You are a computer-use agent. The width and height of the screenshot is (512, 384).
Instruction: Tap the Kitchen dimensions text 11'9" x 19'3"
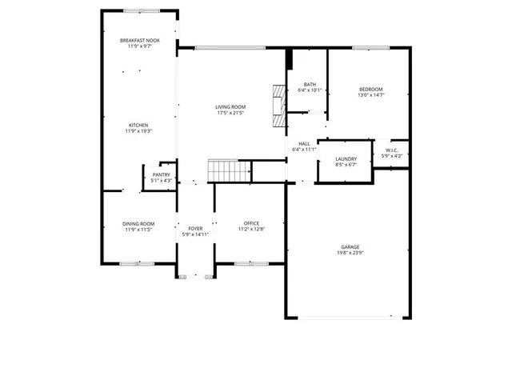(138, 131)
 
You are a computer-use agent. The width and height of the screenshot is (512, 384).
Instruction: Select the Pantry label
(161, 174)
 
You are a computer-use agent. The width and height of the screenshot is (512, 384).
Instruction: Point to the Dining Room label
(138, 223)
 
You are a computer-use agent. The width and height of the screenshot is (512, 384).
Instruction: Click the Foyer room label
(195, 229)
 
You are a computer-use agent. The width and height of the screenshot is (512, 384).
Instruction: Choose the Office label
(251, 223)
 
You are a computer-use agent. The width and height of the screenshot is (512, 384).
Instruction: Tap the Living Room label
(230, 107)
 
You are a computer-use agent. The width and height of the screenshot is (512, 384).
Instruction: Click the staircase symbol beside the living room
(230, 170)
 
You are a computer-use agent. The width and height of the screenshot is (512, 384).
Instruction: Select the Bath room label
(310, 84)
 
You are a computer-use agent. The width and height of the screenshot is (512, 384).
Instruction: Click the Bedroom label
(370, 89)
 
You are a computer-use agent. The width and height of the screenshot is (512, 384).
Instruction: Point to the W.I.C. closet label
(392, 150)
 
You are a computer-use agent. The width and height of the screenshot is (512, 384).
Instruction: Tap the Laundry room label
(346, 159)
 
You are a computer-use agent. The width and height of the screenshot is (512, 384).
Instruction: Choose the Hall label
(304, 143)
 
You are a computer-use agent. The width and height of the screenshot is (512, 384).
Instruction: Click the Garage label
(350, 247)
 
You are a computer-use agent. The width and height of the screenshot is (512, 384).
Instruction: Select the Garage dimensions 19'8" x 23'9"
(350, 253)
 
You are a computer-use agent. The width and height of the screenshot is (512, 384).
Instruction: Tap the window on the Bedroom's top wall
(370, 48)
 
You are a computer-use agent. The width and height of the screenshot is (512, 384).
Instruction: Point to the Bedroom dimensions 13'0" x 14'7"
(370, 94)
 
